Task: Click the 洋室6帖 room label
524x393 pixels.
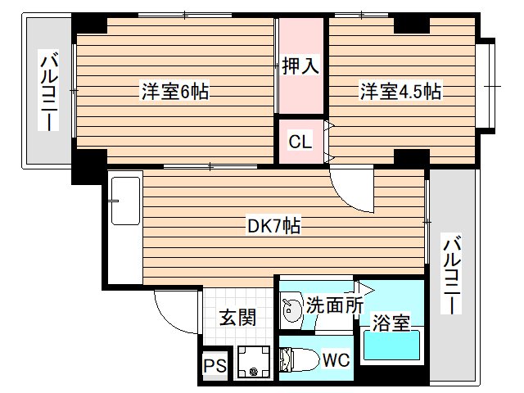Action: [x=174, y=93]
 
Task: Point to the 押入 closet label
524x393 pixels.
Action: [x=300, y=66]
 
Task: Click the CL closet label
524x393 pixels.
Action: [x=300, y=142]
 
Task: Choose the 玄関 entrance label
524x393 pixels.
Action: [x=237, y=316]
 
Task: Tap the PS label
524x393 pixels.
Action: [x=215, y=366]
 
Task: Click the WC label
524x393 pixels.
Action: [x=334, y=359]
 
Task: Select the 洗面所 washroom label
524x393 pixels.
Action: [x=334, y=305]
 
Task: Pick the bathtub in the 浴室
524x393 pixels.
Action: [x=392, y=345]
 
